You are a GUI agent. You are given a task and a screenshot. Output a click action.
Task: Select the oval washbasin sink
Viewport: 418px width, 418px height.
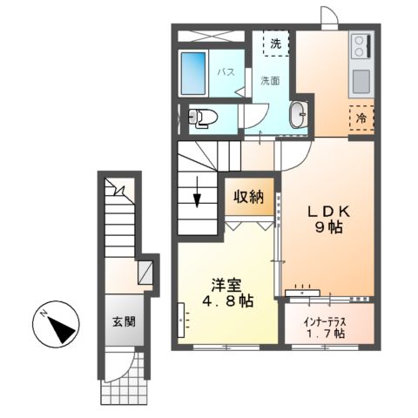point(298,115)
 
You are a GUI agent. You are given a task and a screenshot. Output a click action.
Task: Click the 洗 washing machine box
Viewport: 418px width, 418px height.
point(276,43)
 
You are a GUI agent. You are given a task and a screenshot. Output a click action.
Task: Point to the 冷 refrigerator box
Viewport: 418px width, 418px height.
point(361,116)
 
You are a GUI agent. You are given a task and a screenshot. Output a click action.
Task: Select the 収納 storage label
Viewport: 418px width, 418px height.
point(248,197)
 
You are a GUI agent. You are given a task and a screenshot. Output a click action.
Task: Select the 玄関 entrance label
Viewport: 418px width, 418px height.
point(122,321)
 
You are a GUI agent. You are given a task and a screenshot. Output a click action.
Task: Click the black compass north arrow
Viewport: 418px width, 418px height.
point(56,328)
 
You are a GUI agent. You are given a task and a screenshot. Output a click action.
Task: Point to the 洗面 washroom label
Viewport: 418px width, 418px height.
point(269,81)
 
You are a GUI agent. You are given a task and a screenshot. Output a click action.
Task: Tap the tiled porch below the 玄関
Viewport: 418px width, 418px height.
point(120,385)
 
